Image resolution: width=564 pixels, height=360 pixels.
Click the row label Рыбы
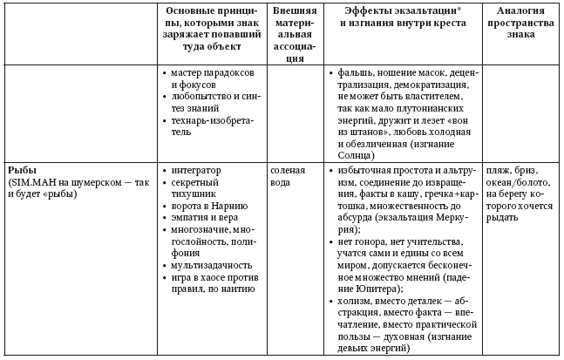(22, 168)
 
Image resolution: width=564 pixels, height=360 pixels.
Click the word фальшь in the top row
(357, 75)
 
